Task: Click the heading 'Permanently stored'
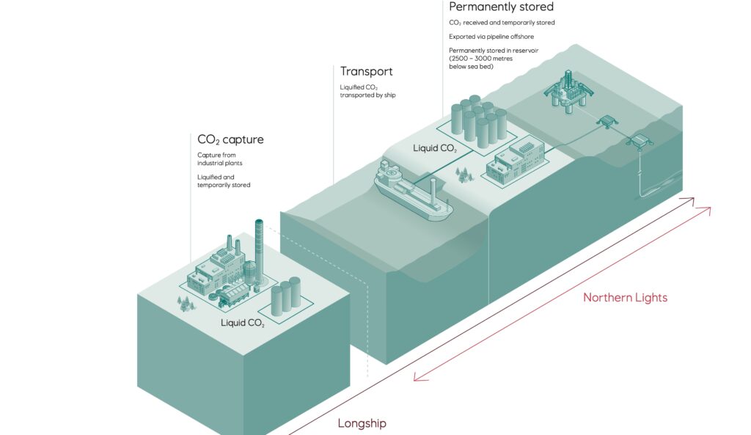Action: click(501, 7)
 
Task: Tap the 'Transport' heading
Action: click(367, 71)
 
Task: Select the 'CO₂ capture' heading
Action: click(230, 139)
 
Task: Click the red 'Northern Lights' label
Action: click(625, 298)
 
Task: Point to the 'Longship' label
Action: click(362, 423)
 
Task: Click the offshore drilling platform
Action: click(568, 91)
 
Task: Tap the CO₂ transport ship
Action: click(413, 191)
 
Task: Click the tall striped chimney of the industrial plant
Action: click(259, 252)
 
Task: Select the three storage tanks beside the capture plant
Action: click(286, 296)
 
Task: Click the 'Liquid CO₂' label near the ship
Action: click(435, 148)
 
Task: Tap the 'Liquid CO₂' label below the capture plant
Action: click(242, 323)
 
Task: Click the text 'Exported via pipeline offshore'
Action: click(491, 37)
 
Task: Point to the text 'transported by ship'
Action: click(368, 95)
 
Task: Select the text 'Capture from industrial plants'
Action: click(220, 159)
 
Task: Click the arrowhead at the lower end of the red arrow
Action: click(420, 377)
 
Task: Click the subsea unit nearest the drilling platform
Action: click(607, 122)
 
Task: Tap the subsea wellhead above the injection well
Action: click(640, 142)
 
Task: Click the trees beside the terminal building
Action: click(464, 175)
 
